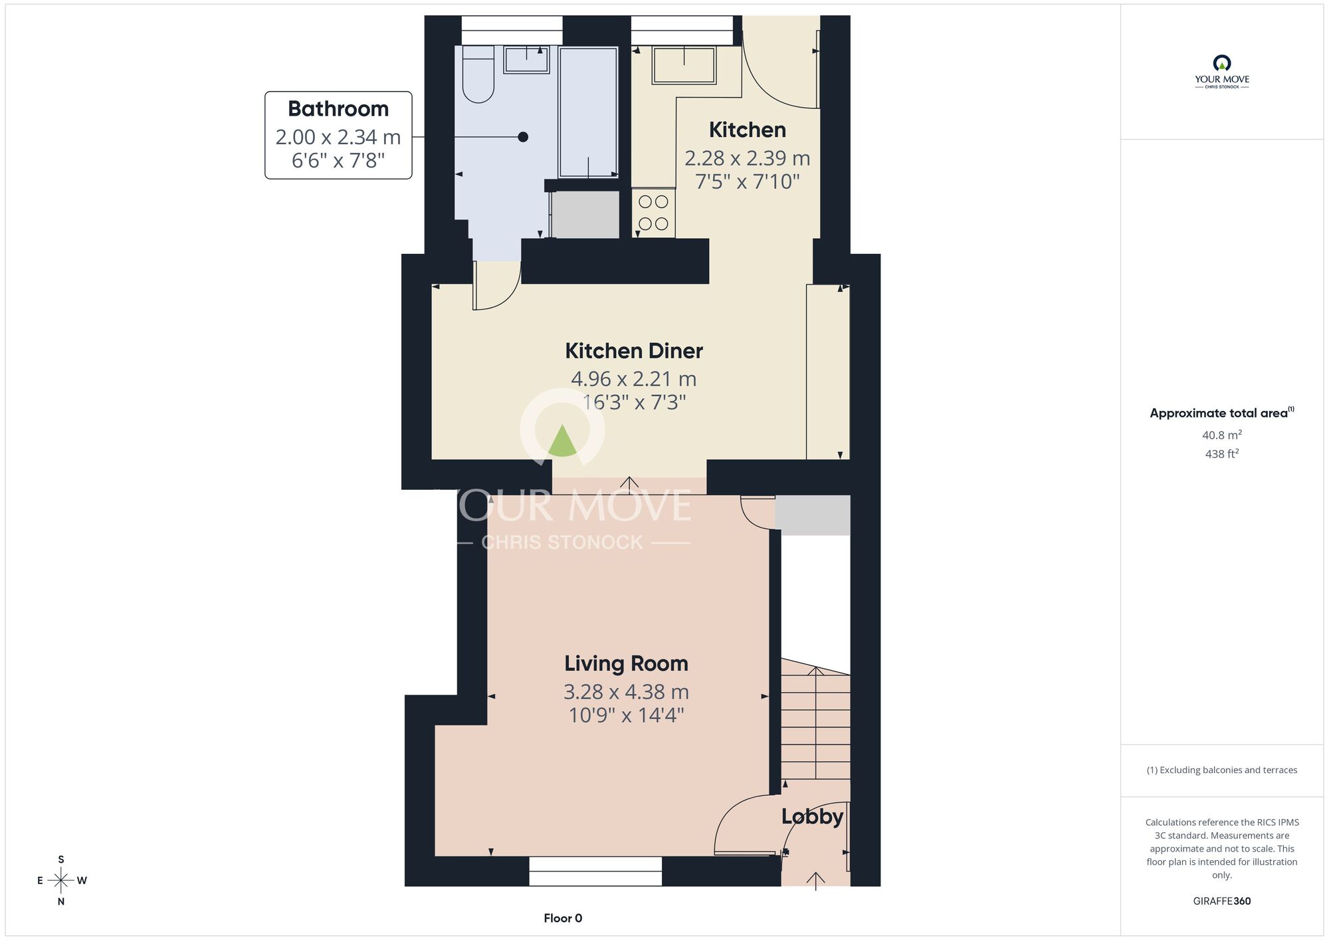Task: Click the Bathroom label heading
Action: pyautogui.click(x=338, y=108)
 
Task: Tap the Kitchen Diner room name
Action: pyautogui.click(x=634, y=350)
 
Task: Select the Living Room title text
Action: pyautogui.click(x=626, y=663)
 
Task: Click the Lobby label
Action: pyautogui.click(x=812, y=816)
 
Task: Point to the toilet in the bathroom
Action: pyautogui.click(x=478, y=74)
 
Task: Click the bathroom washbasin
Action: pyautogui.click(x=526, y=59)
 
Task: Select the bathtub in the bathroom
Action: pyautogui.click(x=589, y=112)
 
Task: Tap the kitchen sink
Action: pyautogui.click(x=684, y=64)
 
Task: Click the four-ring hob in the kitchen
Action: pyautogui.click(x=653, y=213)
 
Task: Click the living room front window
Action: pyautogui.click(x=595, y=871)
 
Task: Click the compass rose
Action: pyautogui.click(x=61, y=881)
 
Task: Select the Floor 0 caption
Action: pyautogui.click(x=563, y=918)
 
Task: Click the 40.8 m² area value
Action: pyautogui.click(x=1222, y=435)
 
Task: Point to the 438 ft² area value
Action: pyautogui.click(x=1222, y=453)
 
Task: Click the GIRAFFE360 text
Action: pyautogui.click(x=1222, y=901)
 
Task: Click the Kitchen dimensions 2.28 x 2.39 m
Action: pyautogui.click(x=748, y=158)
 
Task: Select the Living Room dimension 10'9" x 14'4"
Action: pyautogui.click(x=626, y=715)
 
